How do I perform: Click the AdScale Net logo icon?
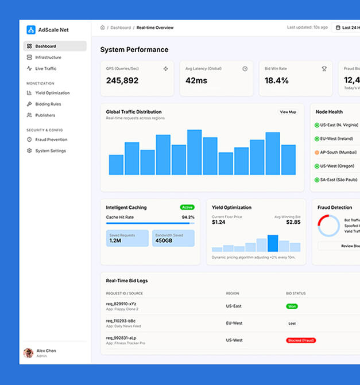31,30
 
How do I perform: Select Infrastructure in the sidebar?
48,57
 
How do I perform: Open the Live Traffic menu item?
45,69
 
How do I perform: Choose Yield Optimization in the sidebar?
52,93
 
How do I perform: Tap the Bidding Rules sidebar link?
48,104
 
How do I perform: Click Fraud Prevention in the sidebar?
51,139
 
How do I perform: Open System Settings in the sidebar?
50,151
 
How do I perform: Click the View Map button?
288,112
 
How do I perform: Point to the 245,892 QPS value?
122,81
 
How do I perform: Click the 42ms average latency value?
196,81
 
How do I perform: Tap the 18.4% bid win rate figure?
276,81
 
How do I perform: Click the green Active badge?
187,207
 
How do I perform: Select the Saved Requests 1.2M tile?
127,238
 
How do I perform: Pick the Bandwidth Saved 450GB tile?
173,238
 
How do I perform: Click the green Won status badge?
292,306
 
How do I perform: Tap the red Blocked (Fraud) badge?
301,340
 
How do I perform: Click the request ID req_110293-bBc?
121,321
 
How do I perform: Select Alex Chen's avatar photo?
28,353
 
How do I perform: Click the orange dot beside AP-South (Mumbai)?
317,153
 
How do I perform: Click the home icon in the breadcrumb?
103,28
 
